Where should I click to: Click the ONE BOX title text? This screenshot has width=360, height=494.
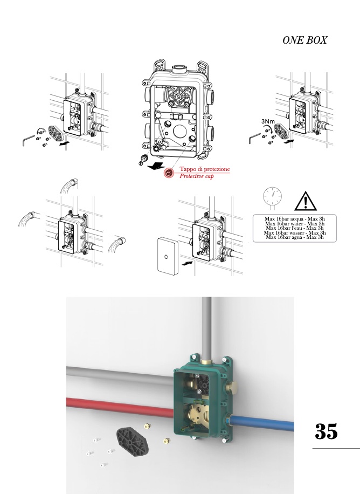pos(304,40)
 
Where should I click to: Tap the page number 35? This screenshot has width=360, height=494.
pos(326,431)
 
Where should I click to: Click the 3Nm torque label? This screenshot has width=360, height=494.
pos(268,121)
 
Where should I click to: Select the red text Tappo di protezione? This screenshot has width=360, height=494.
pos(205,169)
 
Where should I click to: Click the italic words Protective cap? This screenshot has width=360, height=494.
pos(197,176)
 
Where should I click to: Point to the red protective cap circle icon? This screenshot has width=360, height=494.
pos(169,173)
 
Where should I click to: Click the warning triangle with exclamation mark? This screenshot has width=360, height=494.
pos(305,201)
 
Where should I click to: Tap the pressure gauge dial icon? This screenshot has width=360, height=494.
pos(273,197)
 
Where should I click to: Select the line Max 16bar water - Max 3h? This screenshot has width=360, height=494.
pos(294,224)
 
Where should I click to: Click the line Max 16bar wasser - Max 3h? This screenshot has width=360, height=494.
pos(294,233)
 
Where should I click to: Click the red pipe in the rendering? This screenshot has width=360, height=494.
pos(120,407)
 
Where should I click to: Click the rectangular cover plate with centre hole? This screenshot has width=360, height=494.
pos(167,256)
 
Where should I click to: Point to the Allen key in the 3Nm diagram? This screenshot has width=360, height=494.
pos(254,138)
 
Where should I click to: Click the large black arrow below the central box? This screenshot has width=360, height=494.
pos(156,166)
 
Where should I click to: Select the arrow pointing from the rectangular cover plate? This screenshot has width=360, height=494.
pos(188,262)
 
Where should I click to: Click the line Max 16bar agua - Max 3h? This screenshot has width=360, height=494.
pos(294,237)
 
